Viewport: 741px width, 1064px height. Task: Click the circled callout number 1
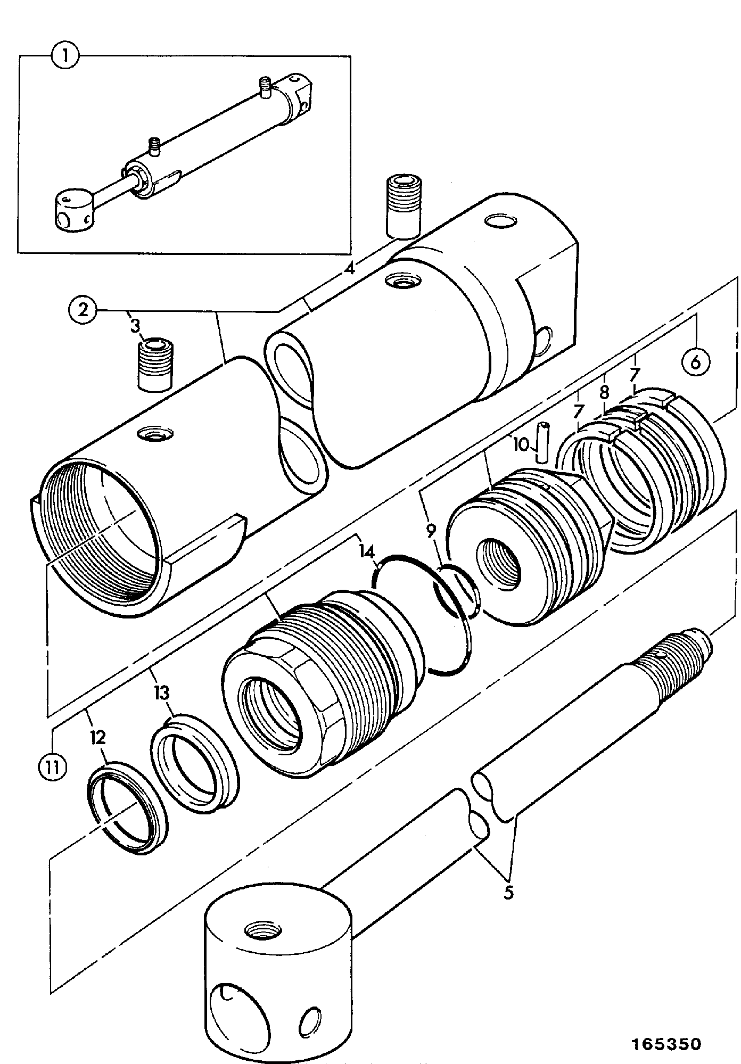point(65,55)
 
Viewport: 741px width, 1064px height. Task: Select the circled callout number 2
point(83,310)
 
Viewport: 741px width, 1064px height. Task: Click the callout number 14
point(366,550)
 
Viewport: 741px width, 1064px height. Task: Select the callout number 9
point(431,530)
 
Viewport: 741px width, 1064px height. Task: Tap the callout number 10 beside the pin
point(521,444)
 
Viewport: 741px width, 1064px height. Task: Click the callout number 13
point(162,693)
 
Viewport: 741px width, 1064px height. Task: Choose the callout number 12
point(98,737)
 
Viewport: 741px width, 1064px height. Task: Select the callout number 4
point(349,269)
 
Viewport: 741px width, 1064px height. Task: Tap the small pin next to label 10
point(543,441)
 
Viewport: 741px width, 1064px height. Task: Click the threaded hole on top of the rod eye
point(263,931)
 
